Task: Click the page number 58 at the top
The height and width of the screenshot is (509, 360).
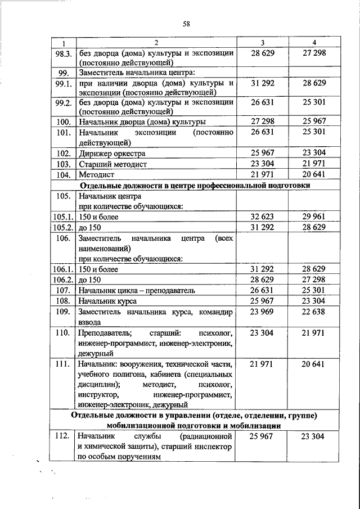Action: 186,23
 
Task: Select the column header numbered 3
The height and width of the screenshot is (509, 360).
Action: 263,43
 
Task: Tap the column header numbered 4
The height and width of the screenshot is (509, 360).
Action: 314,43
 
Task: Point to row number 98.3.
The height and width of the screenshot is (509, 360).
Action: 64,53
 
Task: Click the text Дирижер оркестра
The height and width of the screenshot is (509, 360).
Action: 112,153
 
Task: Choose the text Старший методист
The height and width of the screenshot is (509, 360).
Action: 113,164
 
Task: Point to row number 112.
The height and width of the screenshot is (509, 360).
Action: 64,436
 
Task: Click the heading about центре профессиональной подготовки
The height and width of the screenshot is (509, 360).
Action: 196,186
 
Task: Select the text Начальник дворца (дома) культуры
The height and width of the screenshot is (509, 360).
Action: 142,121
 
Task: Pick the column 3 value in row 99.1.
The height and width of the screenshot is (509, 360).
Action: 262,83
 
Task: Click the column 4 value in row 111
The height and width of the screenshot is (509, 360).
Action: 314,364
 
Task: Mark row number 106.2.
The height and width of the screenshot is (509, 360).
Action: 64,280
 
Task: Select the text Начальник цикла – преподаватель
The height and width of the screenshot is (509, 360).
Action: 137,290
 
